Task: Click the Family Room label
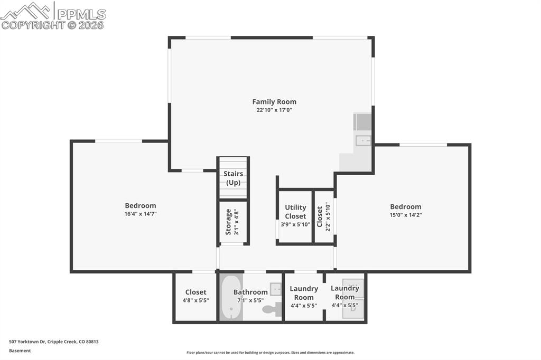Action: pos(274,102)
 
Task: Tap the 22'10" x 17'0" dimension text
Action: pos(274,110)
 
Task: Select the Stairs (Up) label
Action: pos(233,178)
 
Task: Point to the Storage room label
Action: pos(228,222)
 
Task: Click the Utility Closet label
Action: pos(295,212)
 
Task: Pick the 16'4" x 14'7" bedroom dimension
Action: pos(141,214)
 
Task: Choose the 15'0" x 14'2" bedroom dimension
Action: pos(406,215)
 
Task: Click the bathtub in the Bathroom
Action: pos(231,297)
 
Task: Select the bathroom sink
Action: pos(275,289)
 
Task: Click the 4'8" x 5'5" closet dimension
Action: pos(195,300)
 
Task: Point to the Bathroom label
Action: pos(250,292)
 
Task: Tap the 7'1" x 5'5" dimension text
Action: pos(250,300)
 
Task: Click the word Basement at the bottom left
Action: pos(20,350)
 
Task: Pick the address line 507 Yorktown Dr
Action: pos(53,342)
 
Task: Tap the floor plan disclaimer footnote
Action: pos(270,353)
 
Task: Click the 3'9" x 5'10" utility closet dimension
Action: pos(295,224)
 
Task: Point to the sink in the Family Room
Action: pos(363,140)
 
